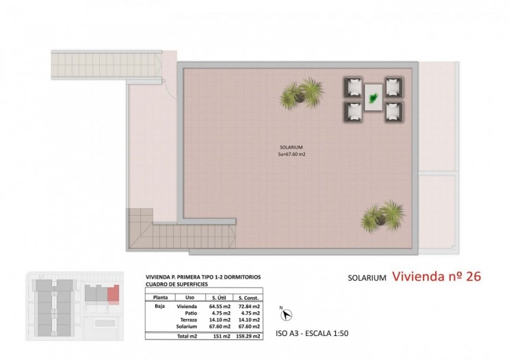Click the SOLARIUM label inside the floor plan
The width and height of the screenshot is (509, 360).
(291, 147)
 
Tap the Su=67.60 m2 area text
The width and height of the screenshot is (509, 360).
(292, 154)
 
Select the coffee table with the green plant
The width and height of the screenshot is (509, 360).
(374, 97)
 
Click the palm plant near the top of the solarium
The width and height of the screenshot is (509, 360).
(302, 93)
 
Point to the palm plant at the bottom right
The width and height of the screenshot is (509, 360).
(382, 216)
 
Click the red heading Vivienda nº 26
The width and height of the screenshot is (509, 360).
(436, 277)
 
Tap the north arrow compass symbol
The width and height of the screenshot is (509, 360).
(286, 314)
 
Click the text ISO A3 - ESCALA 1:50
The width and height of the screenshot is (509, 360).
(312, 333)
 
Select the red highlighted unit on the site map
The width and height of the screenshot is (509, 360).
(114, 295)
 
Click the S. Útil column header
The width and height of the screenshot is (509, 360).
(219, 298)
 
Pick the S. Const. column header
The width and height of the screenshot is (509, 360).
(248, 298)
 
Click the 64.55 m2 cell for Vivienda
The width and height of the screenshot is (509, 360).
(220, 306)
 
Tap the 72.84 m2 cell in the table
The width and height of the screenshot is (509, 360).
(249, 306)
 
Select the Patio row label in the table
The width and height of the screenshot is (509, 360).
(191, 313)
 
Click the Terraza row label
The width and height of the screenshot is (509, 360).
(189, 320)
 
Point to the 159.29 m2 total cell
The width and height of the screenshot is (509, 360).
(248, 336)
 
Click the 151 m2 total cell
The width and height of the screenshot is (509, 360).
(222, 336)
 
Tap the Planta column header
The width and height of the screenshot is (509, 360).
(160, 297)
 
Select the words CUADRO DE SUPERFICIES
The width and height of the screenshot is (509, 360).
(177, 284)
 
